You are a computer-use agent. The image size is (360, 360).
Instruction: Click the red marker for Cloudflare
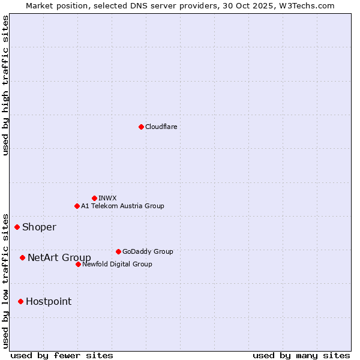(141, 127)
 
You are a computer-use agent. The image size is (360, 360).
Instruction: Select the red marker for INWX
(94, 198)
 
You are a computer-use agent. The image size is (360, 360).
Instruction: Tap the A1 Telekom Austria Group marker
(77, 206)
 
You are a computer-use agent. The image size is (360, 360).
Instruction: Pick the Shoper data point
(17, 227)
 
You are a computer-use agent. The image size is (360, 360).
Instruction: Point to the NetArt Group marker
(22, 257)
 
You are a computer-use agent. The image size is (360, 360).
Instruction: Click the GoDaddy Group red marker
(118, 251)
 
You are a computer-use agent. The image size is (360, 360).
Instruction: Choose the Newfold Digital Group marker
(78, 264)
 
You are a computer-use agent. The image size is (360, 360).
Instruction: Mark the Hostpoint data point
(20, 301)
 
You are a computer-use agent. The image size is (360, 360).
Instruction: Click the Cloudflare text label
(161, 127)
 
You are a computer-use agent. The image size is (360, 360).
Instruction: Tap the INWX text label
(107, 198)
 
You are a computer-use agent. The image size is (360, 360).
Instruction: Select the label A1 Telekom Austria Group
(122, 206)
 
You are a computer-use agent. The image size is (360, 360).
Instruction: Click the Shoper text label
(39, 227)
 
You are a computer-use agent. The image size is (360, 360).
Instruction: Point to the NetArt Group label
(59, 257)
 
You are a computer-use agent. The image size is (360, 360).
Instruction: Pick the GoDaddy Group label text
(148, 251)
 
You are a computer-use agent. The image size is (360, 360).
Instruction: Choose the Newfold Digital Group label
(117, 264)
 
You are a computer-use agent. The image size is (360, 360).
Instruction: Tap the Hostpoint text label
(49, 301)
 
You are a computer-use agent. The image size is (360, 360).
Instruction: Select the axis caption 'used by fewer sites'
(62, 355)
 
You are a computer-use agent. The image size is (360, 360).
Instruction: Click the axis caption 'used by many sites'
(301, 355)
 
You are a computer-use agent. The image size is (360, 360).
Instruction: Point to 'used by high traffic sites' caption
(5, 85)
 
